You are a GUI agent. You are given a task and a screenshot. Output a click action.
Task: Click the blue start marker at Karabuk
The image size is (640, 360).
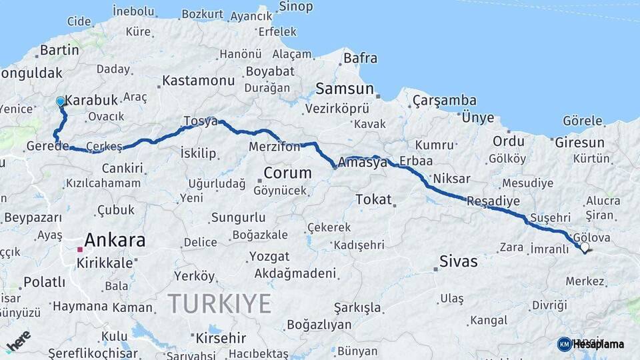(61, 102)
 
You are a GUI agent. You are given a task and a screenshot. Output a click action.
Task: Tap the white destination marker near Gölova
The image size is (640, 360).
(585, 247)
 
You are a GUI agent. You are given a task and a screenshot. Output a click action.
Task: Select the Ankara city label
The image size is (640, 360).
(115, 240)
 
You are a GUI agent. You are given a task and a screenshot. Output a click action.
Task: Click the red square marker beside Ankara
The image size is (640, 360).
(80, 249)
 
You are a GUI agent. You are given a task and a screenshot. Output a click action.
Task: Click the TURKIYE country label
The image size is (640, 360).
(219, 303)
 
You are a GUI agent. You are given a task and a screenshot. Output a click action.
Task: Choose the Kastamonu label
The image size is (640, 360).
(199, 81)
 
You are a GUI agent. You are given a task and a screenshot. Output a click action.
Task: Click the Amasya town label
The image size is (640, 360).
(363, 162)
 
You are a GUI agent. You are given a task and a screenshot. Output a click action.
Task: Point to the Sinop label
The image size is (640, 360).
(295, 7)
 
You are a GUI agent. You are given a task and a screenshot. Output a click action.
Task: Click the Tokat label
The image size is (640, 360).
(373, 199)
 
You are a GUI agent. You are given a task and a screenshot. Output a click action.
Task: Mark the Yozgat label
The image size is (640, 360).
(269, 256)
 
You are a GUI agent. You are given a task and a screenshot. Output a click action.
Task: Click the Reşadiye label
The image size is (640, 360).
(493, 201)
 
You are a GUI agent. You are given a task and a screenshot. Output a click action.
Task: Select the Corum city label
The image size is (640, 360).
(287, 173)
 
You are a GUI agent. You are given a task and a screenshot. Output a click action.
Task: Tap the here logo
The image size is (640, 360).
(19, 342)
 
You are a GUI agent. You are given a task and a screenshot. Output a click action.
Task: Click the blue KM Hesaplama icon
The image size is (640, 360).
(565, 344)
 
